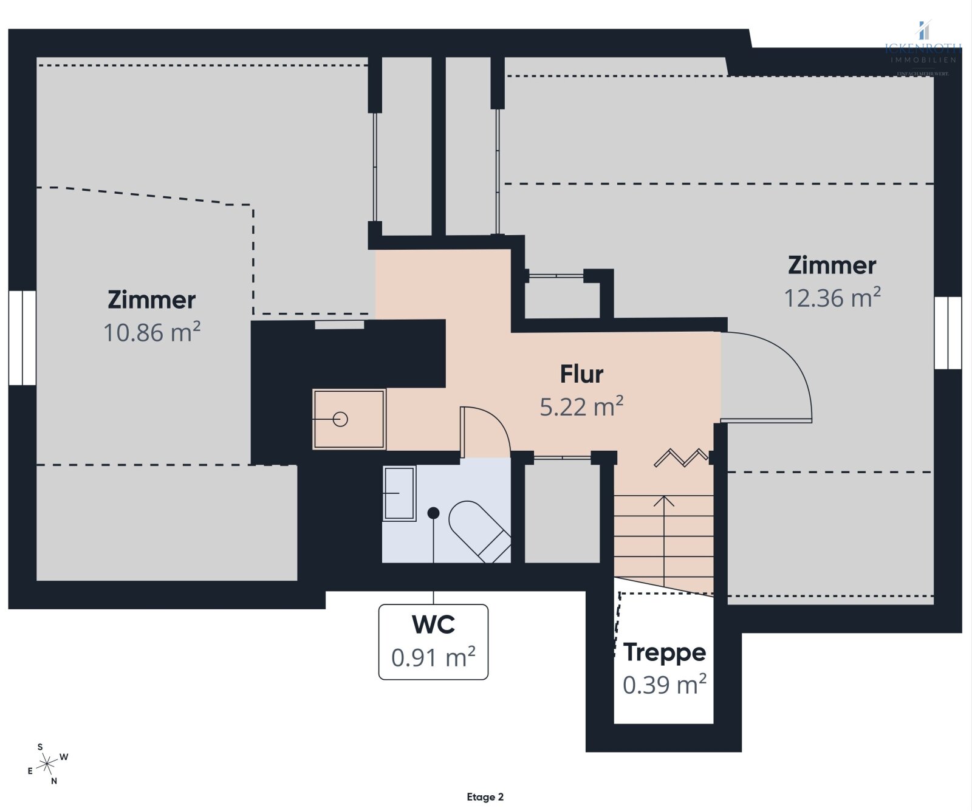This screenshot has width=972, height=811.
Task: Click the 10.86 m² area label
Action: [152, 333]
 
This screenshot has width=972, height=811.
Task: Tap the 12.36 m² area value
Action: [832, 298]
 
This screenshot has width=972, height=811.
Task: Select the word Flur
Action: [581, 374]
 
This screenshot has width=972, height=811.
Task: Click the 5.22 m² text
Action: [581, 407]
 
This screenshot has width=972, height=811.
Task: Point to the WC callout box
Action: [433, 642]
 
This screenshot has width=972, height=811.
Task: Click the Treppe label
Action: [665, 652]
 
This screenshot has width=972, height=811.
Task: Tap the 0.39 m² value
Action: [665, 685]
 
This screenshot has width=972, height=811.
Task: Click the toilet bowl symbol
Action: [478, 530]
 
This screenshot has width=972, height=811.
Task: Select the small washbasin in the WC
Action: [399, 493]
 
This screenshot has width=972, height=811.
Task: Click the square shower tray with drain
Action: [349, 419]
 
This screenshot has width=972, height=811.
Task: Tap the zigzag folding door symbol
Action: [680, 457]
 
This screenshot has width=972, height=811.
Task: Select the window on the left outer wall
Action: [22, 338]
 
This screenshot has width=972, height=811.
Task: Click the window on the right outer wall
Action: [948, 333]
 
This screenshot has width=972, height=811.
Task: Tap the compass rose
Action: [47, 764]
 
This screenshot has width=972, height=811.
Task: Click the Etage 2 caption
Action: [485, 797]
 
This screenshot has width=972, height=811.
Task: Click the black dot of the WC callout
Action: [433, 513]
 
